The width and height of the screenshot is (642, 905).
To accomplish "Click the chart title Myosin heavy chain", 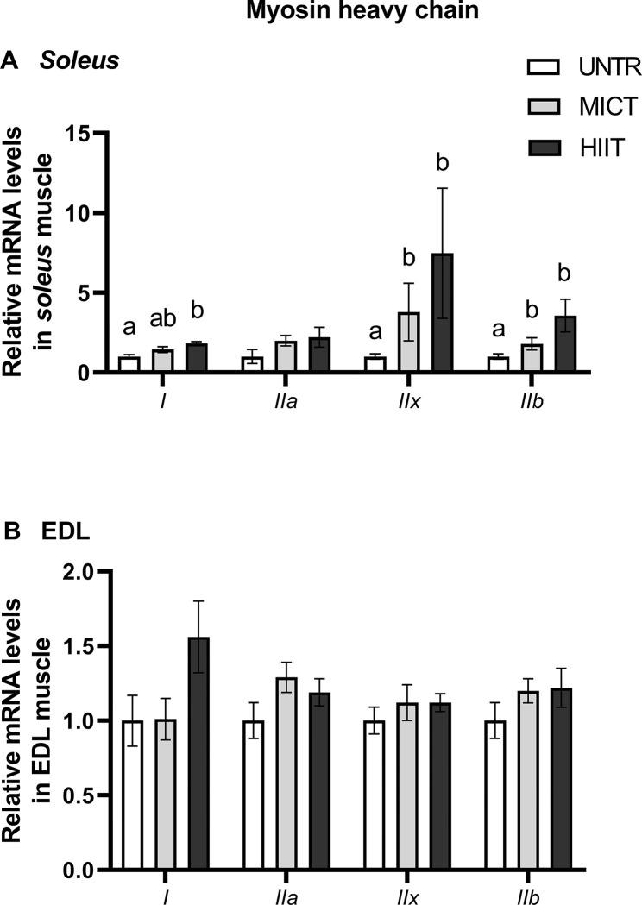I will coord(320,12).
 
